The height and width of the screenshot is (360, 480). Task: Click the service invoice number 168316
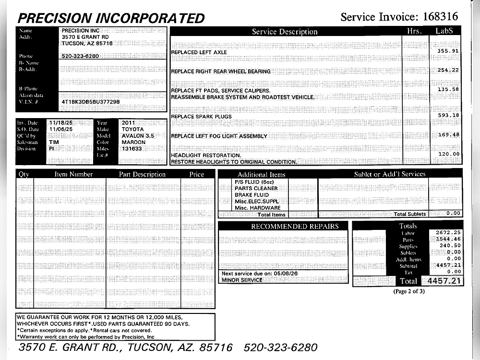click(x=440, y=17)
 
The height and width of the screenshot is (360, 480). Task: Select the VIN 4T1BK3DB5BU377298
click(x=91, y=102)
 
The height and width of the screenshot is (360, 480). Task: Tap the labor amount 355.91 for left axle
click(x=448, y=50)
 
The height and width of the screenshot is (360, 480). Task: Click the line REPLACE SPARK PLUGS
click(x=201, y=117)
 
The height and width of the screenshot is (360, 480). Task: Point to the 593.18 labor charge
click(x=448, y=115)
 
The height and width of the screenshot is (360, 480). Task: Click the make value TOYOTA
click(x=132, y=129)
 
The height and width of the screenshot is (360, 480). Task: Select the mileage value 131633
click(x=132, y=149)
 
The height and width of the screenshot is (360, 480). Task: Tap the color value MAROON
click(x=133, y=142)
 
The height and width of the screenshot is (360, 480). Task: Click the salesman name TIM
click(x=54, y=142)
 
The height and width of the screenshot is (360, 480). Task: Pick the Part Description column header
click(x=142, y=174)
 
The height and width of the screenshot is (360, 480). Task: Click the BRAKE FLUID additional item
click(x=252, y=195)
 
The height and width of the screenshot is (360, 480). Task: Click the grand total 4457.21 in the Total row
click(x=442, y=280)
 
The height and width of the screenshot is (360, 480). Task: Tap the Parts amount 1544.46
click(x=448, y=239)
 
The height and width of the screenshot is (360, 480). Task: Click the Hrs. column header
click(x=413, y=31)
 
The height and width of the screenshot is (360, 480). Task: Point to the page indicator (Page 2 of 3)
click(x=409, y=291)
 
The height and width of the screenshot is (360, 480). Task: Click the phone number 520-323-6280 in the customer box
click(x=80, y=56)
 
